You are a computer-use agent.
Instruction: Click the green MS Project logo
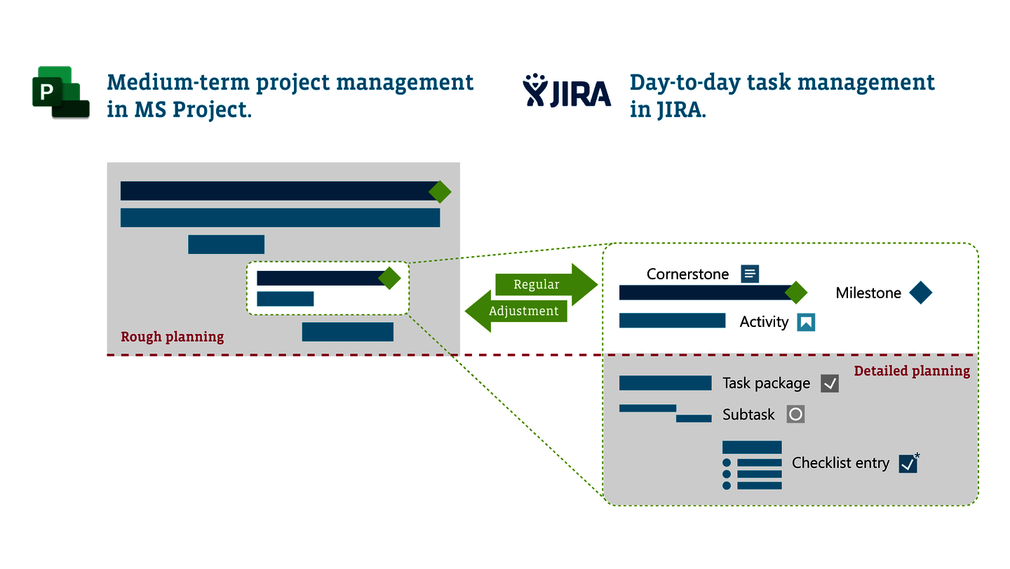[x=61, y=93]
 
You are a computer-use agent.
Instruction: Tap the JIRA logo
[x=567, y=91]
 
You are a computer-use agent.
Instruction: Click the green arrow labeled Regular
[x=546, y=285]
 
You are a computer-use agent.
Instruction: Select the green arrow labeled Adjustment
[x=516, y=311]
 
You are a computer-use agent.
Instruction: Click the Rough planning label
[x=173, y=337]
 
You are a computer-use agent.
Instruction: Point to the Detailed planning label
[x=912, y=370]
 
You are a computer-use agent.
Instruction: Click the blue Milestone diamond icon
[x=921, y=293]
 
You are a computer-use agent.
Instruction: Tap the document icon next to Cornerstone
[x=750, y=274]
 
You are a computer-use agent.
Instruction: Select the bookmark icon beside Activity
[x=806, y=322]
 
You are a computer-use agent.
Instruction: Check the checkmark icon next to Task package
[x=830, y=383]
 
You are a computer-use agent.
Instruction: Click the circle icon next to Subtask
[x=796, y=414]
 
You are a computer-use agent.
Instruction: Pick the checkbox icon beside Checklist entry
[x=908, y=464]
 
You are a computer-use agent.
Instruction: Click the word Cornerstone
[x=687, y=274]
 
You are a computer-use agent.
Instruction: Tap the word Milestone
[x=868, y=293]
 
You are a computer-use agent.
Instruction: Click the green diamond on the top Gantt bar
[x=440, y=192]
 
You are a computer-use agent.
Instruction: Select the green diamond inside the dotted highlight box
[x=389, y=278]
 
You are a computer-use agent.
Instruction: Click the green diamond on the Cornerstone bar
[x=796, y=293]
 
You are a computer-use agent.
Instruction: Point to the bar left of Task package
[x=666, y=383]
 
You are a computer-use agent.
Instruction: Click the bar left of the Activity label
[x=672, y=321]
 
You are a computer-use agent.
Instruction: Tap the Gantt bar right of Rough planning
[x=348, y=332]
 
